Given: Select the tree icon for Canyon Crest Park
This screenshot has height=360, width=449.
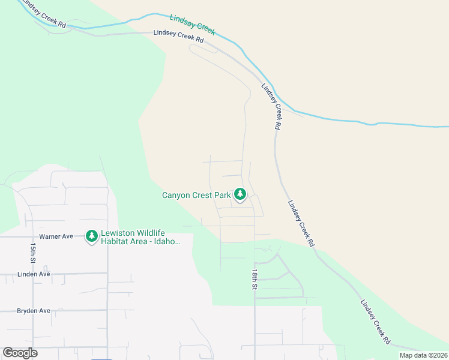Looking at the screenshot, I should (240, 194).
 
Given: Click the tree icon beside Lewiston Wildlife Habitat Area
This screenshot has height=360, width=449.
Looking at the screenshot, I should (91, 236).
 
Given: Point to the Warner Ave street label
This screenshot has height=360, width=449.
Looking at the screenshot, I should (56, 236).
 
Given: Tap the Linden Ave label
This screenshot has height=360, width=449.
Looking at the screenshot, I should (33, 274).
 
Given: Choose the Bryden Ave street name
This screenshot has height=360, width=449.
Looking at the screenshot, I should (34, 311).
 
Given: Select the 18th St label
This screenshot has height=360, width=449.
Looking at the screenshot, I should (255, 280).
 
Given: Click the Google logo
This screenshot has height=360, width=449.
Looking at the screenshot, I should (20, 353).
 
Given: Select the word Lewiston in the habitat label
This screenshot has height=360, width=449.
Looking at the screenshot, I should (116, 233).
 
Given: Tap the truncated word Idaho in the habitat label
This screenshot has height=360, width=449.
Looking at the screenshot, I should (168, 242).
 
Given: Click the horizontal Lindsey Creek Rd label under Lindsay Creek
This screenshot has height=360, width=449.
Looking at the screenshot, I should (178, 36).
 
